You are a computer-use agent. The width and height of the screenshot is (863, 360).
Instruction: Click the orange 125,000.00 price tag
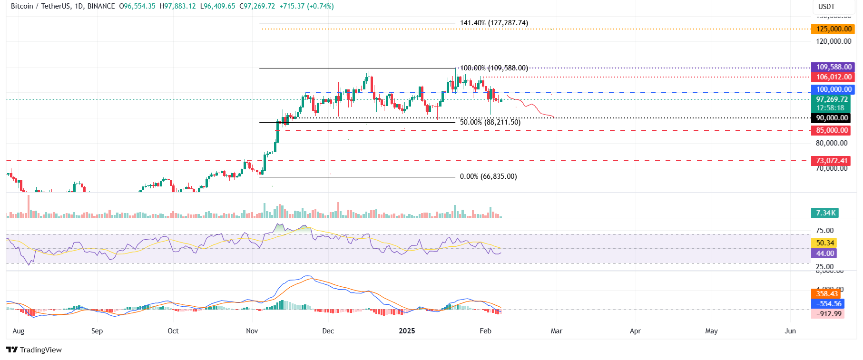point(834,29)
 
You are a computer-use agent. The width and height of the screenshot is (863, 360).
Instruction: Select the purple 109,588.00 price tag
point(834,67)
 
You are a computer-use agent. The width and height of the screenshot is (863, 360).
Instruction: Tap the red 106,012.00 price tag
point(834,77)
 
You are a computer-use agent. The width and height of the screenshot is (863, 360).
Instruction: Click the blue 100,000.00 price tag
point(834,89)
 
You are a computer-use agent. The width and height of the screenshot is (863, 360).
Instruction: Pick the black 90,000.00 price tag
point(832,118)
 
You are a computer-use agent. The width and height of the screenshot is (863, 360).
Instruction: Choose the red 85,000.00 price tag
point(832,130)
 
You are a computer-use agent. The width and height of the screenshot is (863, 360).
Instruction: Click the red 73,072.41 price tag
point(832,161)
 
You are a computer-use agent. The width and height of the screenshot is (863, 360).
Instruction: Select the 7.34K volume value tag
point(825,213)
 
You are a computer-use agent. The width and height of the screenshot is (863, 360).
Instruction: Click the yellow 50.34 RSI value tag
point(824,243)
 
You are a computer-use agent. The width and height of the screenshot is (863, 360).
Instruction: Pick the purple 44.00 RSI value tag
point(824,253)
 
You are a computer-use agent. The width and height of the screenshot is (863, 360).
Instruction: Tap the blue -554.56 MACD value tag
point(828,303)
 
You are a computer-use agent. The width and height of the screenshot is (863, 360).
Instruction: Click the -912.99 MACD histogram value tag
point(828,314)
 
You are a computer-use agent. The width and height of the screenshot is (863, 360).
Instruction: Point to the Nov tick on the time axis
point(252,331)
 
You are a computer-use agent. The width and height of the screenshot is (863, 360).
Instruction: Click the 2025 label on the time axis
point(407,331)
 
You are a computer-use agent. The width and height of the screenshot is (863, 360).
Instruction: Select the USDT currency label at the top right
point(826,7)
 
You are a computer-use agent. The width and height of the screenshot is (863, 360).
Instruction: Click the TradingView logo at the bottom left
point(34,350)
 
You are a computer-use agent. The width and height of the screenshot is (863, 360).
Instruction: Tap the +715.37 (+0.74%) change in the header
point(306,6)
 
